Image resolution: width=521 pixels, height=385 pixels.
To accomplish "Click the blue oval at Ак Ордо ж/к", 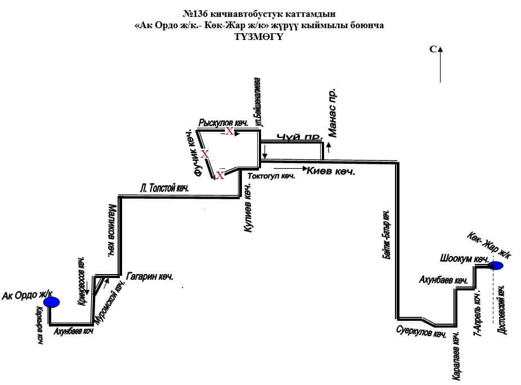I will coord(52,302).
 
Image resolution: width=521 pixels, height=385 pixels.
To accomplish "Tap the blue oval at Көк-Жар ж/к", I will coord(496,266).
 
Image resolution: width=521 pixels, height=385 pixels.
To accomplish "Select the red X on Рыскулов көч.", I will coord(230,131).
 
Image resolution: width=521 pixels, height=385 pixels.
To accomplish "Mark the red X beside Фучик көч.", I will coord(205,154).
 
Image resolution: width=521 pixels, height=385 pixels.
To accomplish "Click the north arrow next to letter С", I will coord(441,64).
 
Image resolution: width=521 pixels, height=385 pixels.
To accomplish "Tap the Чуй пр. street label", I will coord(299,137).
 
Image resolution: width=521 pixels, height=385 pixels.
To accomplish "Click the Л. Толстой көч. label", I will coord(164,189).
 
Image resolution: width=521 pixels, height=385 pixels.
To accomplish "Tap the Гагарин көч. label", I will coord(150,276).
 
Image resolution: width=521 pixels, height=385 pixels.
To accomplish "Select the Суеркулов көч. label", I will coord(421,332).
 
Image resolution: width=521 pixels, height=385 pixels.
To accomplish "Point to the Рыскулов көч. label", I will coord(216,123).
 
